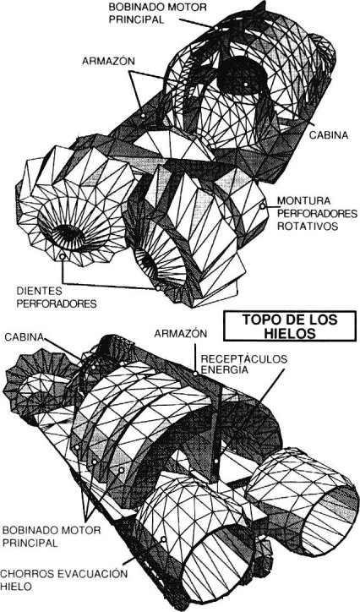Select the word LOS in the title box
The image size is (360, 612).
[x=321, y=320]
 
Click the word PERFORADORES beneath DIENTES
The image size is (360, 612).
[x=56, y=303]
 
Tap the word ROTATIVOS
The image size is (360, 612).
[x=308, y=226]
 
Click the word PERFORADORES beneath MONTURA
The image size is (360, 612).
[x=317, y=214]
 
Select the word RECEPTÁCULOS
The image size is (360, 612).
[x=243, y=359]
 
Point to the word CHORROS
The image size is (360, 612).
[x=25, y=574]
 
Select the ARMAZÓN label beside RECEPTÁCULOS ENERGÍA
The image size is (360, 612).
[x=180, y=334]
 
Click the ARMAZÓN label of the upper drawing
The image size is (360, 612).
[x=108, y=62]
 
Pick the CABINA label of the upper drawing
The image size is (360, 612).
[x=329, y=134]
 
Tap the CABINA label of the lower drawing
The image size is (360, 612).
[x=25, y=336]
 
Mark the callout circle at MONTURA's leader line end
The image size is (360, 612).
[x=263, y=206]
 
